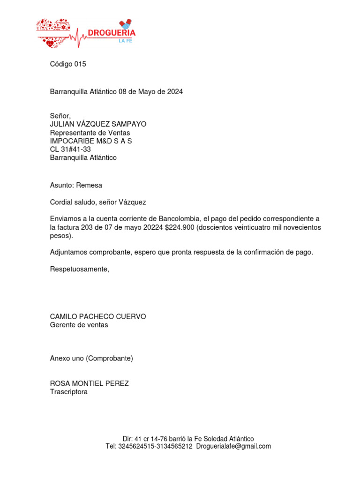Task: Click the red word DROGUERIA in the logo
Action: coord(112,33)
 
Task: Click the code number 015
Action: coord(80,64)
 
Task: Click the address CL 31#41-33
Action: coord(70,150)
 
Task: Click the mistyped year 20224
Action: coord(153,227)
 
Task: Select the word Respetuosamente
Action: coord(79,269)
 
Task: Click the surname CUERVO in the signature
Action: coord(129,317)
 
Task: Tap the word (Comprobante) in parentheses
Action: coord(110,359)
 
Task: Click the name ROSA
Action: coord(60,383)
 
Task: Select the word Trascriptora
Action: coord(69,392)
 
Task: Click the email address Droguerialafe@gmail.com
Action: coord(233,446)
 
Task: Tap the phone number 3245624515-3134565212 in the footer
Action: coord(155,446)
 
